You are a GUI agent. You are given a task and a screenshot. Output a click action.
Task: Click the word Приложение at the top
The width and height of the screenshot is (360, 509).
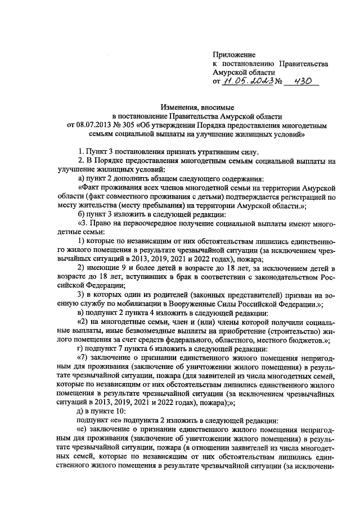pyautogui.click(x=234, y=55)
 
